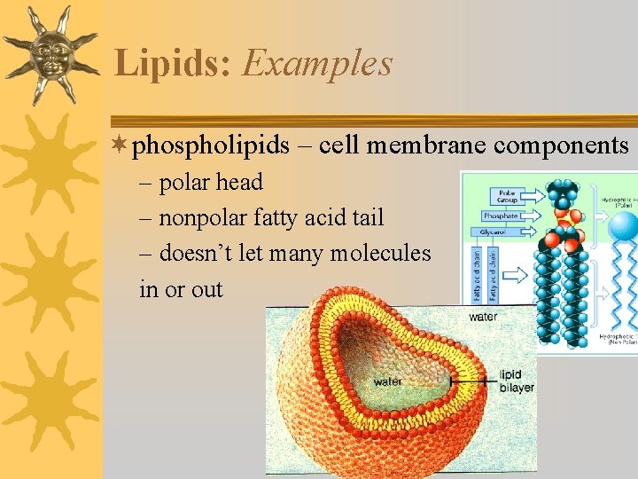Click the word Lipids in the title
174,64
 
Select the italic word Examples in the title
317,64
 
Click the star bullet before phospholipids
121,145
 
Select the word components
564,145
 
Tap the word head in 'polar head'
239,183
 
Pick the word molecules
380,253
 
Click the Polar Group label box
507,196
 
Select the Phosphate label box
501,216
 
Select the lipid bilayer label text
517,381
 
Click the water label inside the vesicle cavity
388,381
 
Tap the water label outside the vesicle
483,317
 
